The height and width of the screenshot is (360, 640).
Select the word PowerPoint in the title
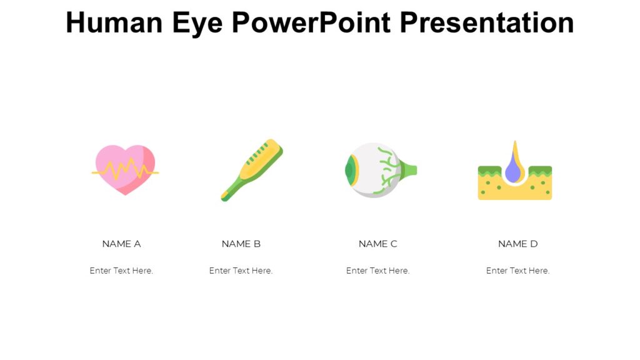(x=311, y=22)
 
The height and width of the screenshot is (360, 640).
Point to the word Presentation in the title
(x=487, y=22)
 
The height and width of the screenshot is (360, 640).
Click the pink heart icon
(x=125, y=169)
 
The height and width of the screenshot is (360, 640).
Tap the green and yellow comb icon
(x=252, y=169)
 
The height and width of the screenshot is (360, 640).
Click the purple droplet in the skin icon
(x=514, y=171)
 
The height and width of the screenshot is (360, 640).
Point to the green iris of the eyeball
(x=350, y=169)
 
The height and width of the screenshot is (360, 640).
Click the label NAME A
(x=121, y=244)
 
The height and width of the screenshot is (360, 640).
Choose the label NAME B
(x=241, y=244)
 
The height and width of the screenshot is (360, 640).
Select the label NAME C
(x=377, y=244)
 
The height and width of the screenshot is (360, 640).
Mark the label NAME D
(x=517, y=244)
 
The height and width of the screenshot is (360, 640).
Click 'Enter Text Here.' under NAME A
(x=121, y=271)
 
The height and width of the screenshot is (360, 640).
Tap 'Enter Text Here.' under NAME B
(x=241, y=271)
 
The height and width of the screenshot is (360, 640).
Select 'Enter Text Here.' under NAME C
(x=377, y=271)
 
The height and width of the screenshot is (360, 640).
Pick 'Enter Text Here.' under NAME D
(x=517, y=271)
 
